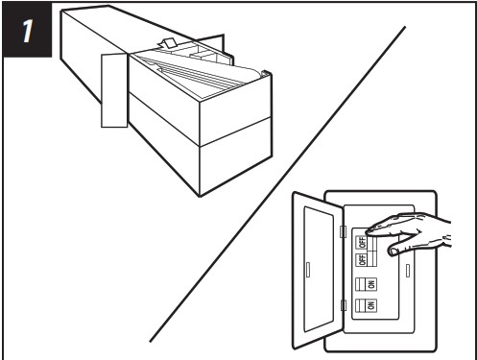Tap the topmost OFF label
(x=362, y=243)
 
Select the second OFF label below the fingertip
(x=362, y=258)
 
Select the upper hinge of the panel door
(x=343, y=231)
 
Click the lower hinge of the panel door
(x=343, y=305)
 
